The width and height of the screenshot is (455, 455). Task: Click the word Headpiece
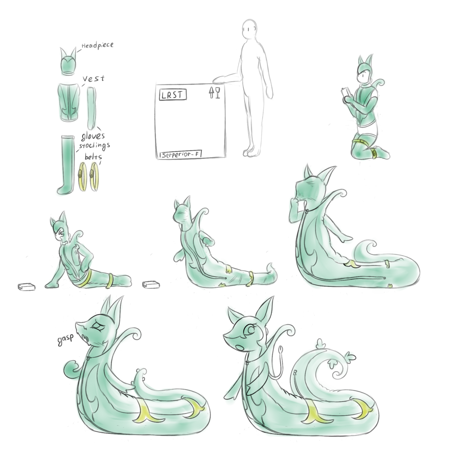tap(97, 45)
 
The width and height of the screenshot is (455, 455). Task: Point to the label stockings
tap(95, 145)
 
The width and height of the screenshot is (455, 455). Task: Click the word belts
tap(93, 157)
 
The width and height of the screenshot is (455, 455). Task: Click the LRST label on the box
tap(173, 95)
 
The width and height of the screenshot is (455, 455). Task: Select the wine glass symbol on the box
tap(218, 92)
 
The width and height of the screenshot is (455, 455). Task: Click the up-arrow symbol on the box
tap(212, 92)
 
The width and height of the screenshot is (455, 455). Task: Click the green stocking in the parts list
tap(66, 165)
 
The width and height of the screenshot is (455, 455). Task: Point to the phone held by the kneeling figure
tap(346, 93)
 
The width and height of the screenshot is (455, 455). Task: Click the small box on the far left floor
tap(27, 287)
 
